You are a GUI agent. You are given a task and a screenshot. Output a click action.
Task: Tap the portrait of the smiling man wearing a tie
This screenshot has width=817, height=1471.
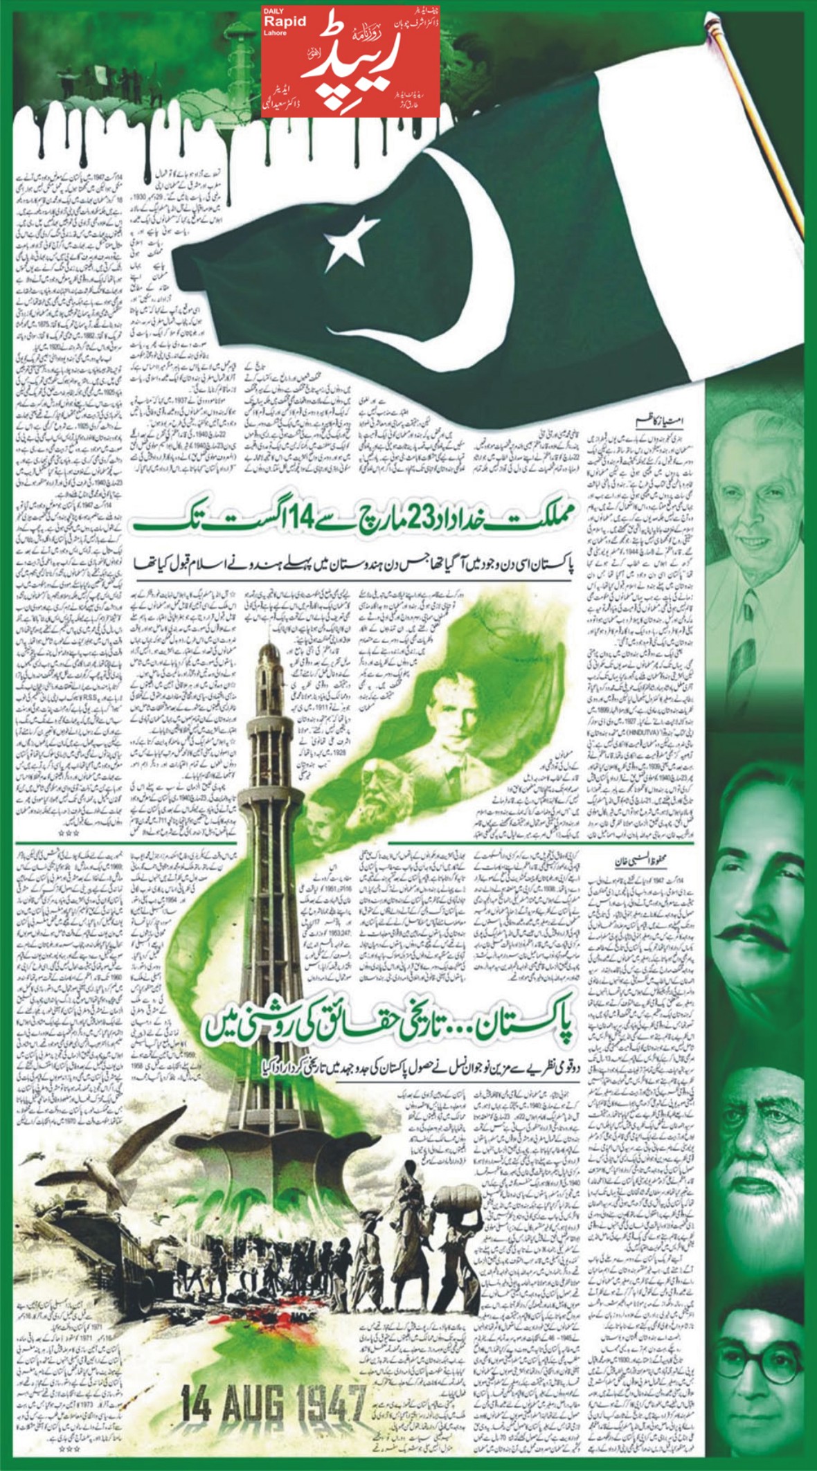pyautogui.click(x=759, y=526)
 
